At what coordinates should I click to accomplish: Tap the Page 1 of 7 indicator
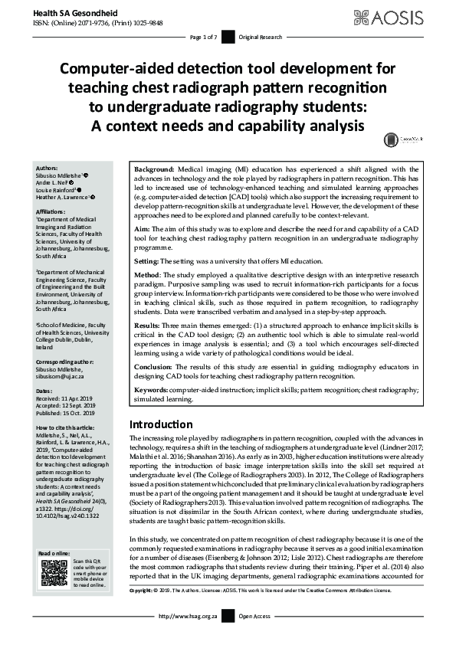point(203,37)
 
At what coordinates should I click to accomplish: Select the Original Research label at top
point(259,37)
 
